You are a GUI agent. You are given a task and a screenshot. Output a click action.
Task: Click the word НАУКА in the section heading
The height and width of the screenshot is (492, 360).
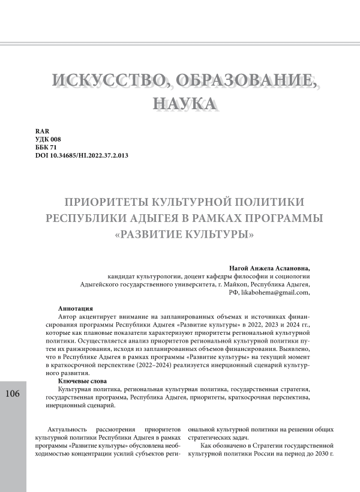(179, 103)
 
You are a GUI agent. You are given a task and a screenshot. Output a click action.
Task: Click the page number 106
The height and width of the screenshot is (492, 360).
(13, 394)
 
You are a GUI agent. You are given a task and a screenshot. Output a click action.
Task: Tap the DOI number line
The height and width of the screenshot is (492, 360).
(82, 155)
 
